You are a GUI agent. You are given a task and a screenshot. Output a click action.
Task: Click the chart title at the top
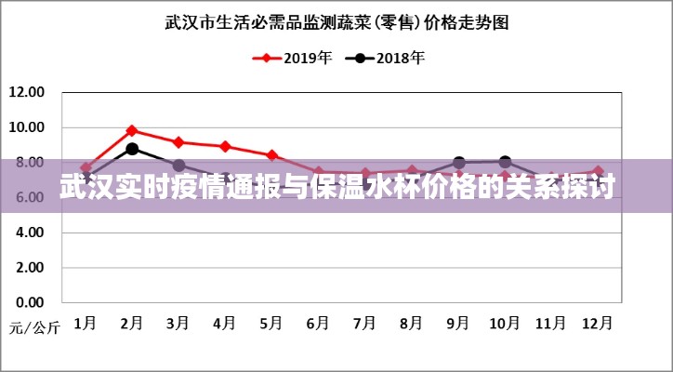pyautogui.click(x=336, y=21)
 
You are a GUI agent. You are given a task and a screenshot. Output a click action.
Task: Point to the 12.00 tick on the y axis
pyautogui.click(x=26, y=92)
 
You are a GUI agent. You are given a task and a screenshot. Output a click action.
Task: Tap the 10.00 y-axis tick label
pyautogui.click(x=26, y=127)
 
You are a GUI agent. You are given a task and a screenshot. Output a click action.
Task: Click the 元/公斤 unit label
pyautogui.click(x=34, y=327)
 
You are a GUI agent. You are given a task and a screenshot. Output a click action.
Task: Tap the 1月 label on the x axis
pyautogui.click(x=85, y=323)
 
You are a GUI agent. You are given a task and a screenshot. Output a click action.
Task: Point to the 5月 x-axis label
pyautogui.click(x=271, y=323)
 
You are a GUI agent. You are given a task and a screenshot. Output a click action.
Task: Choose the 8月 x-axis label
pyautogui.click(x=411, y=323)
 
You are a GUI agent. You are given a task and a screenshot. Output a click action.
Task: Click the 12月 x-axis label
pyautogui.click(x=598, y=323)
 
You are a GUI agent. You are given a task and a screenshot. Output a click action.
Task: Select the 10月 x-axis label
pyautogui.click(x=505, y=323)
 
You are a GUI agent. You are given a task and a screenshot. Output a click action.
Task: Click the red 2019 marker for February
pyautogui.click(x=132, y=130)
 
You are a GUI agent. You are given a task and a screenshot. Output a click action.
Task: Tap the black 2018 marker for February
pyautogui.click(x=132, y=149)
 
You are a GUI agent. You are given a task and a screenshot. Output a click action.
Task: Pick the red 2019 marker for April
pyautogui.click(x=225, y=146)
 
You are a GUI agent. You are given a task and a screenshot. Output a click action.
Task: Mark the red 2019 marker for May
pyautogui.click(x=271, y=155)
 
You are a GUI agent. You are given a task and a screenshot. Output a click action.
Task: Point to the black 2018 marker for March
pyautogui.click(x=178, y=166)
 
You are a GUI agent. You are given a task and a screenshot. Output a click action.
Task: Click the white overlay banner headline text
pyautogui.click(x=336, y=187)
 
